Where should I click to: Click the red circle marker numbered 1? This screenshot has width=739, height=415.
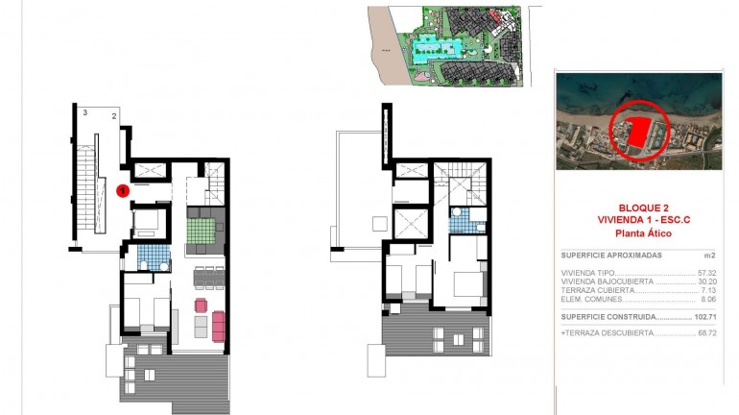(x=123, y=190)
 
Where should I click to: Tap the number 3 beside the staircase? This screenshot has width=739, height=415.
(x=84, y=114)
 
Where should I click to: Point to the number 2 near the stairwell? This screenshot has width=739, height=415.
(x=113, y=116)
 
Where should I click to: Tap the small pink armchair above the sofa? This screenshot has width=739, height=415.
(x=202, y=305)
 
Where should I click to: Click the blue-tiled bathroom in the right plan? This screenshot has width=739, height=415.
(x=462, y=224)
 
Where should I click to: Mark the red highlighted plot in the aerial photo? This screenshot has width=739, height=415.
(x=638, y=132)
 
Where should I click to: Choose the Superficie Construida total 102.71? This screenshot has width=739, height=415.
(x=705, y=316)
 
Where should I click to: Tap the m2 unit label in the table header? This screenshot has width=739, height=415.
(x=711, y=256)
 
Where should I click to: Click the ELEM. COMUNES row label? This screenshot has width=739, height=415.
(x=586, y=299)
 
